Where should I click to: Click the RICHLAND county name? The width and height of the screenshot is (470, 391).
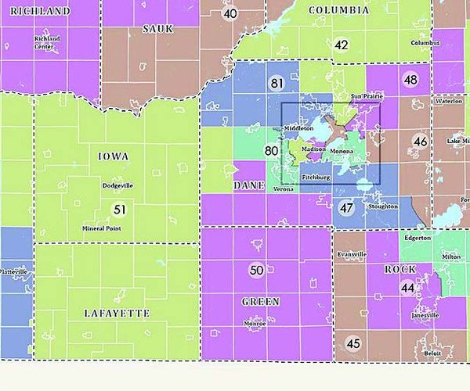pyautogui.click(x=41, y=12)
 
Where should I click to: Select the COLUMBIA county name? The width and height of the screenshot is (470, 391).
pyautogui.click(x=338, y=10)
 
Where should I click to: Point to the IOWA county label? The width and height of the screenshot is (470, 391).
pyautogui.click(x=114, y=156)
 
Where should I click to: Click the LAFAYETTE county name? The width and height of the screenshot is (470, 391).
pyautogui.click(x=117, y=313)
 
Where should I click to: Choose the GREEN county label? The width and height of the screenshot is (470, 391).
pyautogui.click(x=261, y=301)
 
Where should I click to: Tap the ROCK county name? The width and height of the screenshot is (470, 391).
pyautogui.click(x=399, y=269)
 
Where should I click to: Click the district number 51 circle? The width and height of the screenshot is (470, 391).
pyautogui.click(x=119, y=209)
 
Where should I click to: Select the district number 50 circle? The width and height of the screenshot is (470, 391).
pyautogui.click(x=256, y=271)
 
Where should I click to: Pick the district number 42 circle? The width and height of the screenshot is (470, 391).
pyautogui.click(x=341, y=45)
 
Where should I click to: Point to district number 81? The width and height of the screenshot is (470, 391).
pyautogui.click(x=277, y=84)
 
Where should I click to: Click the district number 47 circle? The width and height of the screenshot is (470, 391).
pyautogui.click(x=346, y=207)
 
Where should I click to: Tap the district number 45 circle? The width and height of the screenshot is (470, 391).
pyautogui.click(x=353, y=343)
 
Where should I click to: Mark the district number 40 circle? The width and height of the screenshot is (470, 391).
pyautogui.click(x=230, y=13)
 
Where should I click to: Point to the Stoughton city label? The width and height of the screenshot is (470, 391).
pyautogui.click(x=381, y=206)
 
